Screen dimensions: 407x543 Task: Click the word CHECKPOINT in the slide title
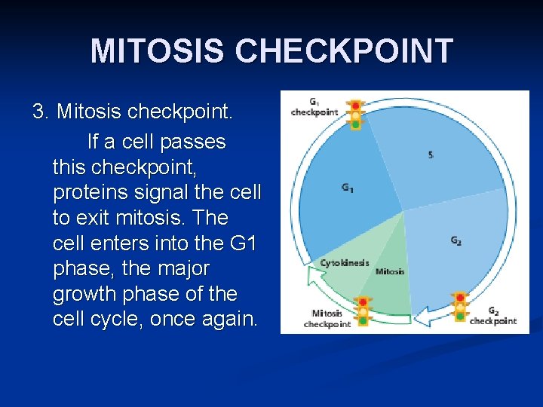click(x=344, y=51)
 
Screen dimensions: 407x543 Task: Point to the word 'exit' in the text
click(x=97, y=218)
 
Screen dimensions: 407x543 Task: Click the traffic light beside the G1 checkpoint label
click(x=355, y=115)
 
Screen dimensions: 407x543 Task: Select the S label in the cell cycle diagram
click(x=431, y=155)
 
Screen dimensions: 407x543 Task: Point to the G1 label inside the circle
click(x=347, y=188)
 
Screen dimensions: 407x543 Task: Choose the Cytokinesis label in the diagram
click(x=345, y=263)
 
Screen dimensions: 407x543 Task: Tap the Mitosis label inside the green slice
click(x=390, y=271)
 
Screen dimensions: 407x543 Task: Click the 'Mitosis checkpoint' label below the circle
click(x=327, y=318)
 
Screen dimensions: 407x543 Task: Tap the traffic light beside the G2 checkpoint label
click(x=459, y=307)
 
